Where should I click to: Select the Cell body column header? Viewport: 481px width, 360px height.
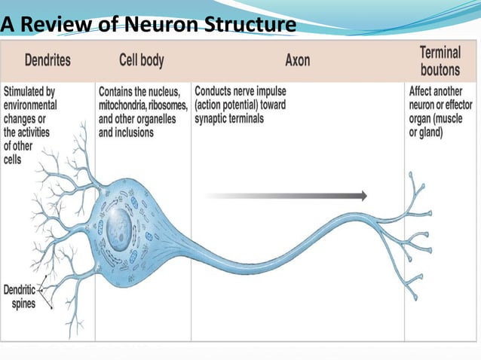(x=141, y=59)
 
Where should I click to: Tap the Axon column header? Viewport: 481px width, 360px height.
(x=297, y=59)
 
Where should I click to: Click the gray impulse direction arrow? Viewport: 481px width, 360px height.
(x=286, y=196)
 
